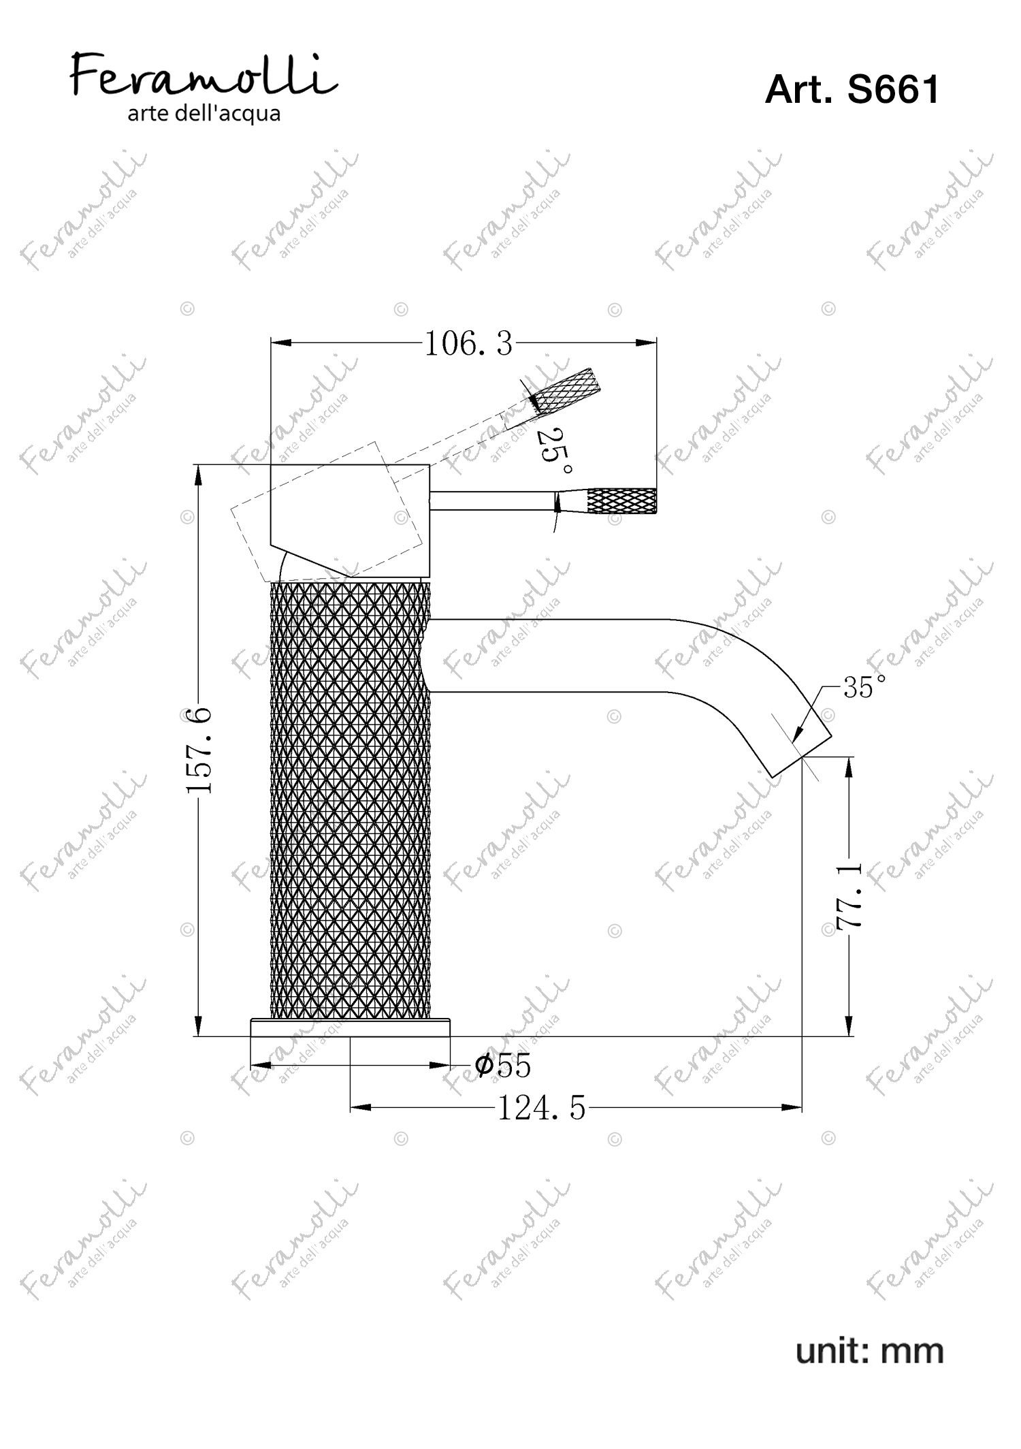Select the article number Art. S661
coord(852,89)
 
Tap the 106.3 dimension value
coord(468,345)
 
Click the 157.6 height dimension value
coord(199,750)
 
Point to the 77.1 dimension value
coord(849,897)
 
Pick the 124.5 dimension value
coord(541,1109)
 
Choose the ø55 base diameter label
coord(503,1066)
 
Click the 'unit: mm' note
coord(870,1350)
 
